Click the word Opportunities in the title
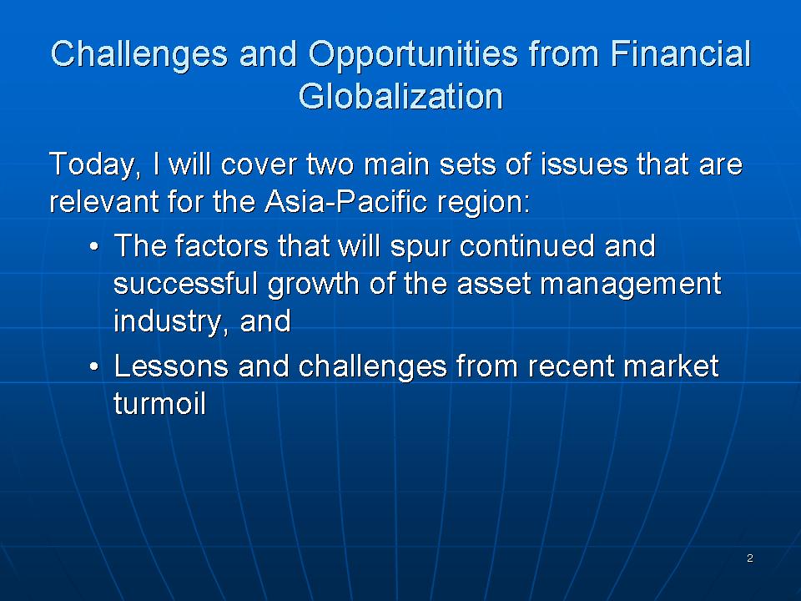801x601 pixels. coord(413,55)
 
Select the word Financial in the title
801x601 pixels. coord(680,53)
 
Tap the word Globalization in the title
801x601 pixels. coord(400,96)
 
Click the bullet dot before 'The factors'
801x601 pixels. coord(93,247)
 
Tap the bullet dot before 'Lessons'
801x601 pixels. coord(93,367)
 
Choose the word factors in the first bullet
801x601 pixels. coord(222,245)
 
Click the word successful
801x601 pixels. coord(185,283)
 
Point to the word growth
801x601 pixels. coord(313,285)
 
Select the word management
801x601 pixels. coord(631,285)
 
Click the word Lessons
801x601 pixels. coord(171,366)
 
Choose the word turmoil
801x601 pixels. coord(160,403)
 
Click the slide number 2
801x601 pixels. coord(750,558)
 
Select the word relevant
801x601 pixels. coord(104,201)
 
